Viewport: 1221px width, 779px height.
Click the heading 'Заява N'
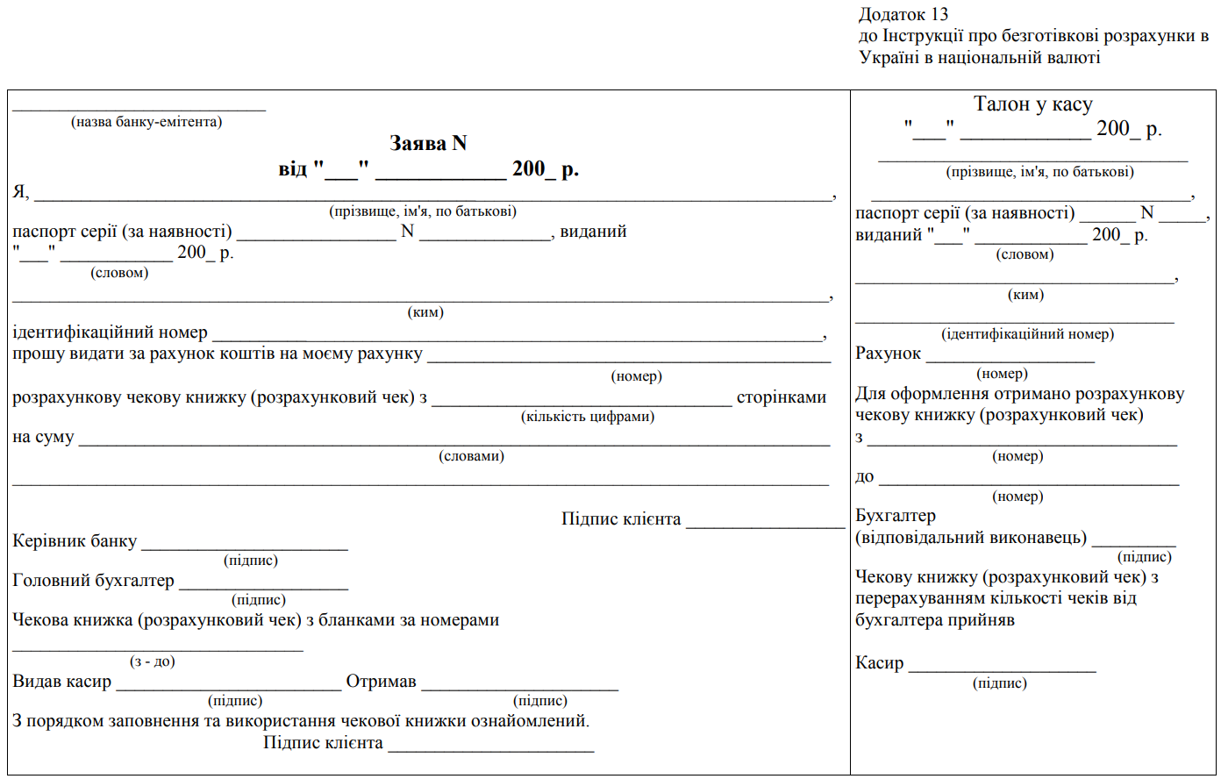(x=428, y=143)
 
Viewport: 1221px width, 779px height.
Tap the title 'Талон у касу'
(x=1033, y=104)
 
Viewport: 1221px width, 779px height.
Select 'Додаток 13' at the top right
(x=903, y=14)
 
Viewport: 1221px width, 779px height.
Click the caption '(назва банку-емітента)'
(x=146, y=122)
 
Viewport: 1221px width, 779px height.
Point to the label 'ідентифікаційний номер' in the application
(x=110, y=332)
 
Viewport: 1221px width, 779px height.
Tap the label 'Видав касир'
(x=61, y=682)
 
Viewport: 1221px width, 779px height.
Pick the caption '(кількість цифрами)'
(x=588, y=417)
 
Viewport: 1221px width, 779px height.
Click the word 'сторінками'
(x=782, y=397)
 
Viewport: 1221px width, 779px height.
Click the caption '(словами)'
(x=472, y=456)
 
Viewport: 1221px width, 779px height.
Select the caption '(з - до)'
(x=153, y=661)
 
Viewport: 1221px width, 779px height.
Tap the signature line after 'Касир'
(x=1002, y=669)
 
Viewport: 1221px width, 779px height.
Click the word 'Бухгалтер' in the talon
(x=896, y=516)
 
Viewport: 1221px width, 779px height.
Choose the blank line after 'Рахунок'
(x=1010, y=360)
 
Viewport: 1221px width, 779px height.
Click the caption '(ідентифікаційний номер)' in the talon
(x=1027, y=334)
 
